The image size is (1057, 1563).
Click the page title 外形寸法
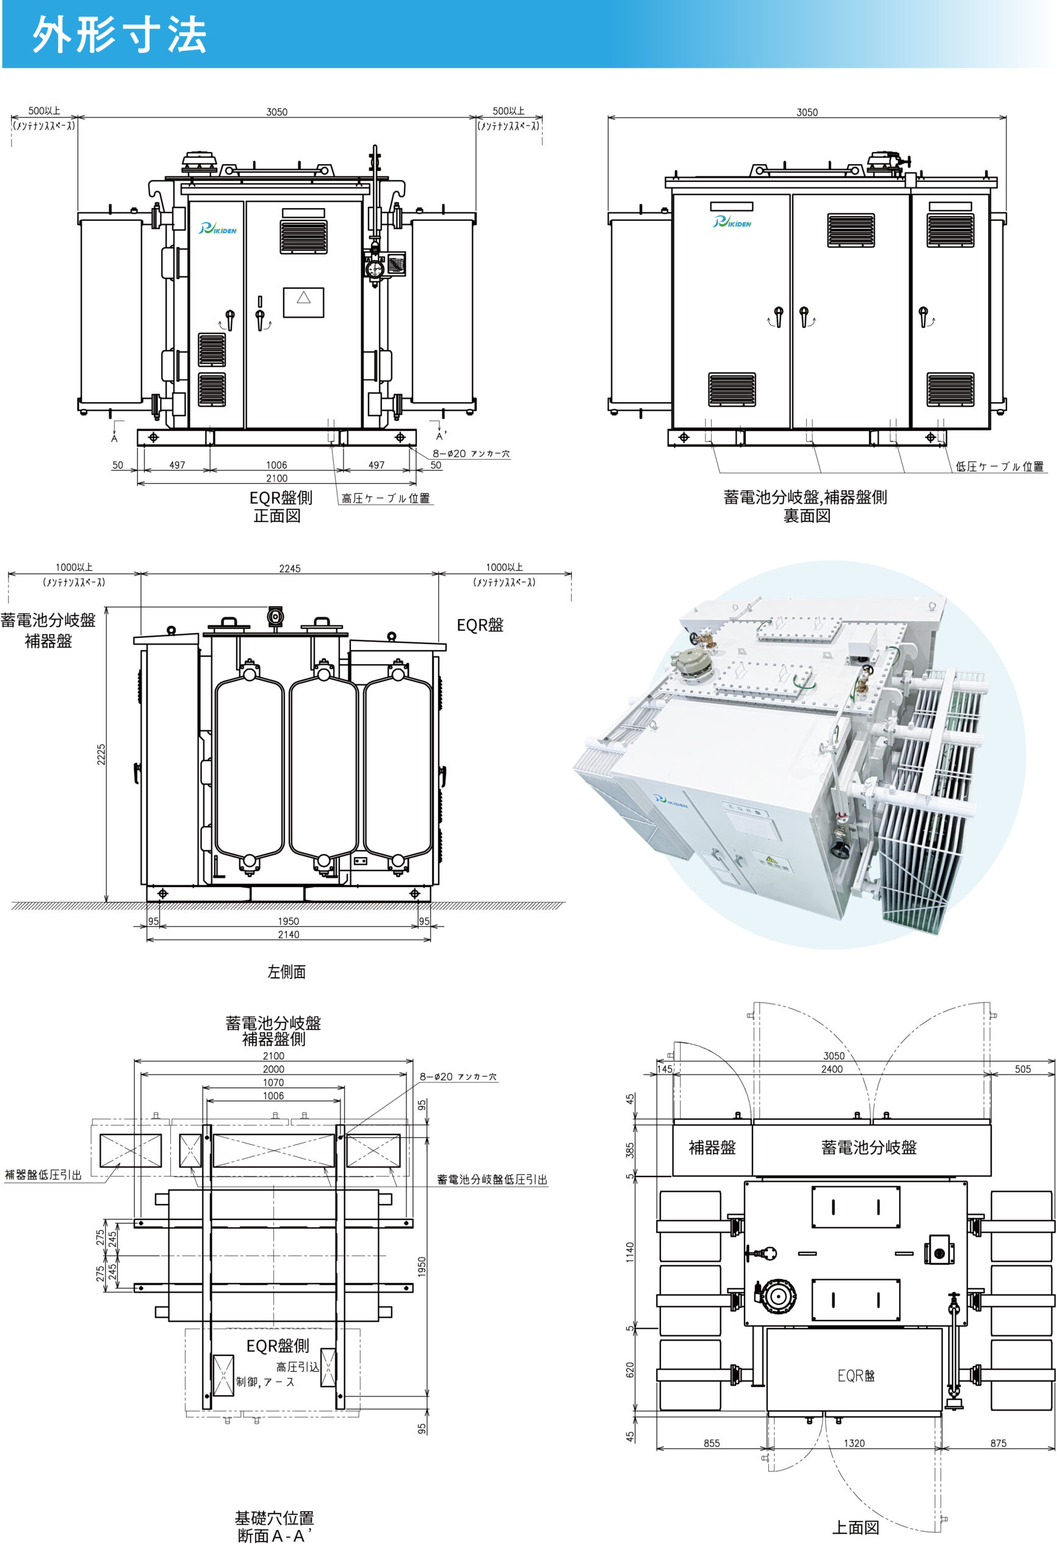click(119, 34)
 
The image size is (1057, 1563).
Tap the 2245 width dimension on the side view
click(290, 568)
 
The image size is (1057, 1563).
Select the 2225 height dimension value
click(101, 754)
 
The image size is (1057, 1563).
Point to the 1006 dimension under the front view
click(276, 465)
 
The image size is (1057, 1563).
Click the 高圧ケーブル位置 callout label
click(385, 498)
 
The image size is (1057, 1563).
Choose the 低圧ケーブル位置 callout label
click(999, 466)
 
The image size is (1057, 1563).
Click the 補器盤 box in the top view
click(712, 1147)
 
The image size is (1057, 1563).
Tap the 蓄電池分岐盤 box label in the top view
click(869, 1147)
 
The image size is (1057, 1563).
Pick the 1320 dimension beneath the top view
click(854, 1443)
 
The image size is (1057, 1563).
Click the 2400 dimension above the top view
click(832, 1068)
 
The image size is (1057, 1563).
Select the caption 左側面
click(286, 971)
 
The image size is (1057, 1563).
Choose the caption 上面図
click(855, 1528)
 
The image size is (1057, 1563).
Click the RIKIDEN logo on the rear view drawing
click(732, 221)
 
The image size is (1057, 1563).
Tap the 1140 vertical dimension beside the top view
click(630, 1252)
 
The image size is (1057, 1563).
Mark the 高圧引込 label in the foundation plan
click(297, 1366)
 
